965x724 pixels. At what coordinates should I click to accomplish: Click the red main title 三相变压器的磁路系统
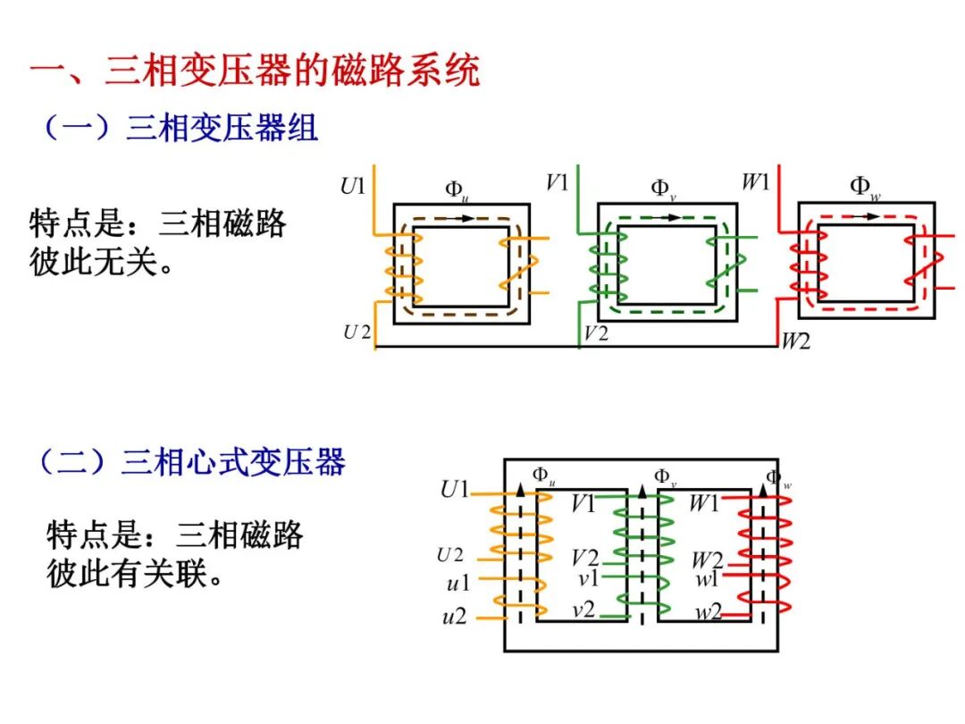[255, 70]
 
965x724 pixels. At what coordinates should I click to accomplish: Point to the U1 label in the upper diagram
[353, 187]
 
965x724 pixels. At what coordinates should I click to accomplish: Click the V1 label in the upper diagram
[558, 182]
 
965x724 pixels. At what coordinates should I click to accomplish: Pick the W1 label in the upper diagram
[756, 182]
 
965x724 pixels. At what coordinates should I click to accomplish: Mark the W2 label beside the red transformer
[795, 341]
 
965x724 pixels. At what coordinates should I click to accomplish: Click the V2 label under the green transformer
[596, 334]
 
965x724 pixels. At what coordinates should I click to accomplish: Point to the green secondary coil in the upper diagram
[724, 263]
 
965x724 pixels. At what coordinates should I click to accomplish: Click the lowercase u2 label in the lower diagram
[455, 617]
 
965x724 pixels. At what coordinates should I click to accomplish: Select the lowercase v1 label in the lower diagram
[588, 578]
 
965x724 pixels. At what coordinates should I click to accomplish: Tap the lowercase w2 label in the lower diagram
[709, 613]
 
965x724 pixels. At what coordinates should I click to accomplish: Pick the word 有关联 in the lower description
[174, 573]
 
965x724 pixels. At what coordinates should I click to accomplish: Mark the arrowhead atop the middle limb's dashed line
[642, 491]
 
